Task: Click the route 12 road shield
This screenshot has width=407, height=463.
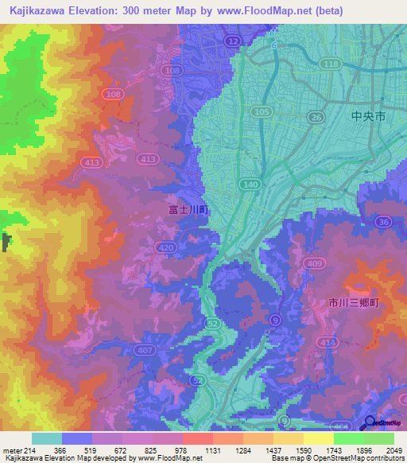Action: coord(231,40)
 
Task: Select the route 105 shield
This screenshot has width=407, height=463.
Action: coord(261,113)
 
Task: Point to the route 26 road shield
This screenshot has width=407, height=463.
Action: coord(316,118)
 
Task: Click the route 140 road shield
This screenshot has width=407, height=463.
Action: coord(251,184)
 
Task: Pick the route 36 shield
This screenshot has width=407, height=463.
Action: coord(384,223)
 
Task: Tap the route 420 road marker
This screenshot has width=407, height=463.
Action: coord(166,248)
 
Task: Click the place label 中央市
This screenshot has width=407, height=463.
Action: coord(368,116)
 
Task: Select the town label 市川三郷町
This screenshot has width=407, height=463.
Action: coord(355,303)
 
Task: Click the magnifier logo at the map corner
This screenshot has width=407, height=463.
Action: coord(370,423)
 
